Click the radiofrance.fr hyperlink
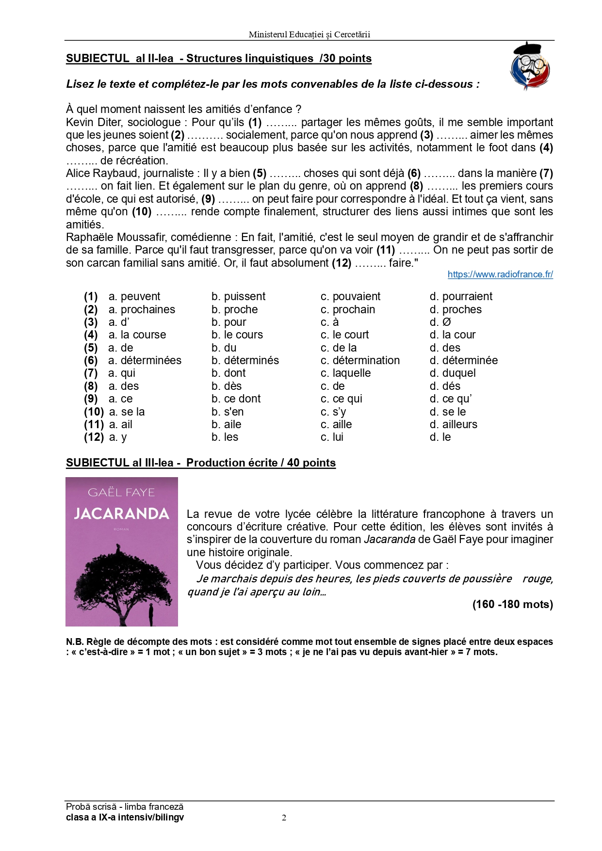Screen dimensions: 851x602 coord(500,274)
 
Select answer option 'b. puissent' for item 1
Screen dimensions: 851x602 coord(238,296)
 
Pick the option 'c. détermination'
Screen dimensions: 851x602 coord(360,360)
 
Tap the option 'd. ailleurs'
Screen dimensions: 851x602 coord(453,424)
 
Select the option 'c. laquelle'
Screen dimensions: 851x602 coord(345,373)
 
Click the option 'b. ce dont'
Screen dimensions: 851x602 coord(236,399)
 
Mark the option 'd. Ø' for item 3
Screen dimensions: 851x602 coord(440,322)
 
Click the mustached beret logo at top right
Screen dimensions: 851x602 coord(530,66)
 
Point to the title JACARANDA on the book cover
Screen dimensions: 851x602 coord(121,514)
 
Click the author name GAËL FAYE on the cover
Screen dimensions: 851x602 coord(121,492)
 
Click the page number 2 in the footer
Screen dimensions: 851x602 coord(284,818)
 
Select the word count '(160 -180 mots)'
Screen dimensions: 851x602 coord(512,604)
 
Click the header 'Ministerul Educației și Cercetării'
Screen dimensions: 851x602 coord(309,34)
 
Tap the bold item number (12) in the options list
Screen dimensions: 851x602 coord(94,437)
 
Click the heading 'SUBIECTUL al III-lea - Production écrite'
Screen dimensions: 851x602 coord(200,463)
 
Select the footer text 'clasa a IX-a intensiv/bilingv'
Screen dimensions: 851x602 coord(125,818)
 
